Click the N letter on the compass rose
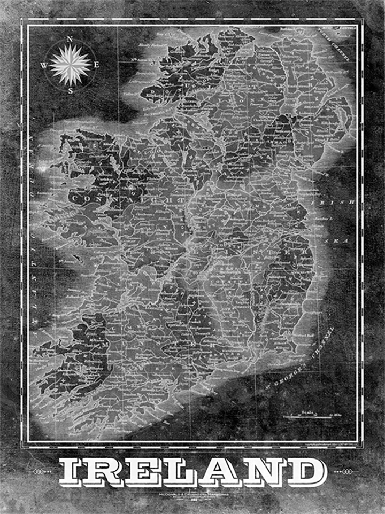coord(70,38)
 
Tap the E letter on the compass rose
coord(97,65)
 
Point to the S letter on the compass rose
coord(71,91)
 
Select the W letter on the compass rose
coord(44,65)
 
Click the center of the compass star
coord(71,65)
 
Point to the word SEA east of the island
coord(342,241)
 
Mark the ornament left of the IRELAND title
coord(42,471)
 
